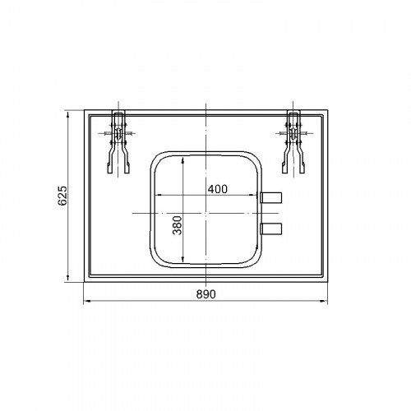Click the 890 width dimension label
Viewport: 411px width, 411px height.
[206, 294]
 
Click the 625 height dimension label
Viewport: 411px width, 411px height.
[62, 196]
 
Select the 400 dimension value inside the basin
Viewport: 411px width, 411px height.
[218, 189]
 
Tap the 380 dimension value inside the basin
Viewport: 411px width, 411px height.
[178, 225]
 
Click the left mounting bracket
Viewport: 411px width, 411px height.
[118, 142]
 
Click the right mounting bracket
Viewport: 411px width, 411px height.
[293, 142]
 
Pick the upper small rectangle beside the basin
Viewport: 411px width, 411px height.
[271, 197]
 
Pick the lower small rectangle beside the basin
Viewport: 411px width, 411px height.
[271, 229]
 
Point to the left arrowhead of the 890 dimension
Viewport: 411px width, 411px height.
[87, 302]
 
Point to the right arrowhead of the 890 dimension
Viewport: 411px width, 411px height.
[324, 302]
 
